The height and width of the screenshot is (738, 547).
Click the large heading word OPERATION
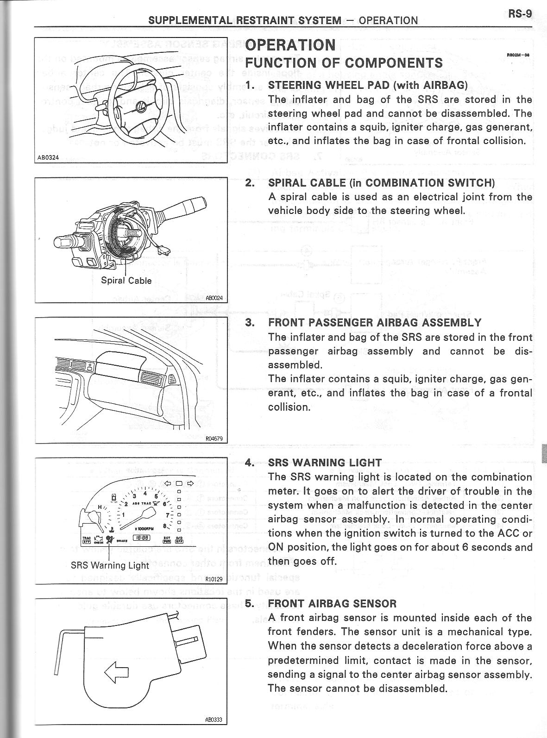(x=290, y=45)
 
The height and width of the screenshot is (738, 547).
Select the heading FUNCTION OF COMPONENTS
(x=344, y=63)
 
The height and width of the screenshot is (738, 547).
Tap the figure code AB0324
(x=48, y=157)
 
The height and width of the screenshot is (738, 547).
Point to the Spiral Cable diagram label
(x=126, y=281)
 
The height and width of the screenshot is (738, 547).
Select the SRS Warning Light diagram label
(x=110, y=565)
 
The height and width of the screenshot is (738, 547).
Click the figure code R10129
(x=214, y=579)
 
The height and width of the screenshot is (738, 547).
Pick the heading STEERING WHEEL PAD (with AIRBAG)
(x=368, y=85)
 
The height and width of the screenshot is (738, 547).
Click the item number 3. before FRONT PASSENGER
(x=250, y=323)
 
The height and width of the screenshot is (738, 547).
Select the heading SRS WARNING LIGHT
(x=325, y=463)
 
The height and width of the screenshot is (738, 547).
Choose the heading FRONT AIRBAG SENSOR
(x=332, y=603)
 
